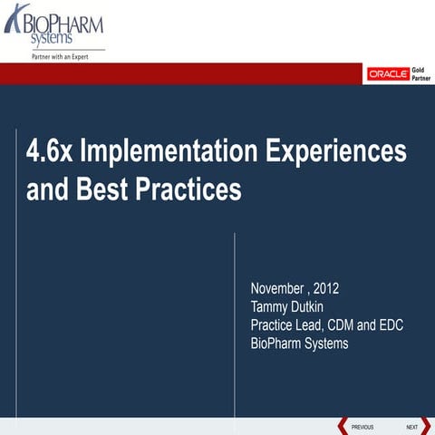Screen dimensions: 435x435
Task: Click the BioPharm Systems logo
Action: click(x=54, y=26)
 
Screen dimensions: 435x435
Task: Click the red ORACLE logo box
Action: click(x=386, y=74)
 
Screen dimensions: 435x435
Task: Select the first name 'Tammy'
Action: click(x=270, y=308)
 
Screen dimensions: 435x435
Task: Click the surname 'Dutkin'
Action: click(x=314, y=308)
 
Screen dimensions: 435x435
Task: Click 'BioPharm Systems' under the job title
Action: click(x=299, y=344)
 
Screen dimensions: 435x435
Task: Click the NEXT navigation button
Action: click(x=411, y=426)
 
